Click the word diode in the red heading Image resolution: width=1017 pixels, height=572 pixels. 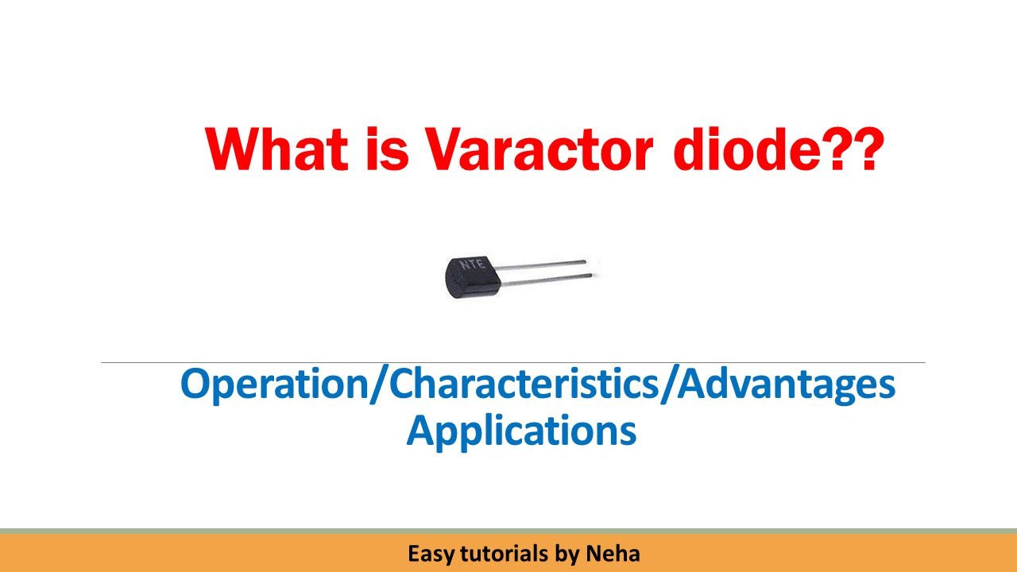point(747,149)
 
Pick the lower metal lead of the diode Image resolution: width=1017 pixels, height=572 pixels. point(548,276)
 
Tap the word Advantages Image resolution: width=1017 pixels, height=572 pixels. point(789,386)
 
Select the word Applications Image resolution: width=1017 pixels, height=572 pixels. point(521,431)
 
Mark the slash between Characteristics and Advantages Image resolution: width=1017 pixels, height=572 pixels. point(672,386)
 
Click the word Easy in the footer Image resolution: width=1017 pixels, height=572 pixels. point(427,554)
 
